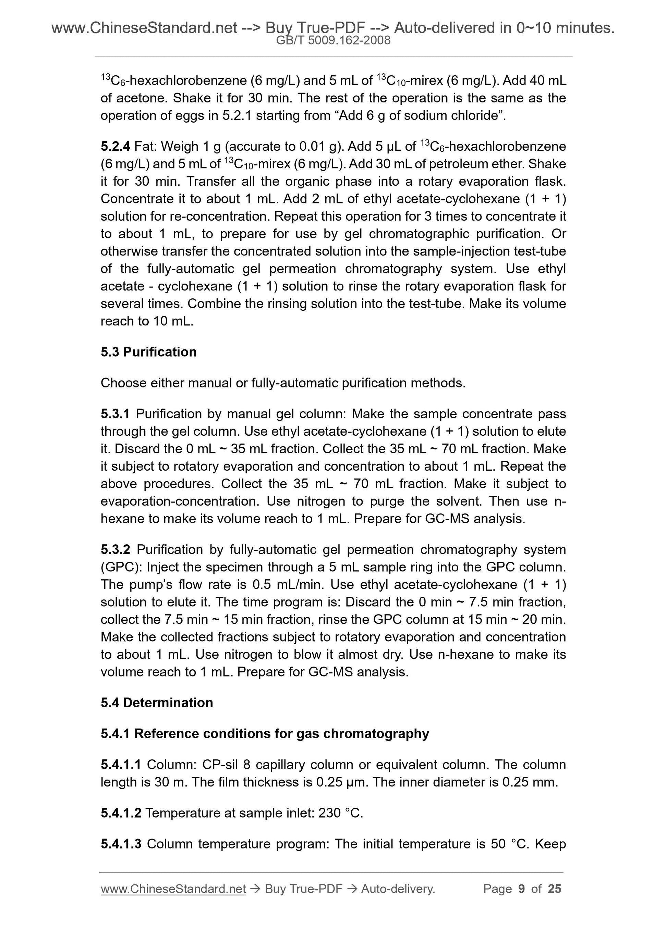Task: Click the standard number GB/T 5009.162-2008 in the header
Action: click(x=333, y=40)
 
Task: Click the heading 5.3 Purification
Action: click(x=148, y=352)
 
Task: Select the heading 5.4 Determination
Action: click(x=157, y=703)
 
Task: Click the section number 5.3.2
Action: click(x=115, y=549)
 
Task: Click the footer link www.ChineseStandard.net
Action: click(x=173, y=889)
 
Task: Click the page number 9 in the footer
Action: click(x=522, y=889)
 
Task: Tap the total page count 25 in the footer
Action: click(x=554, y=889)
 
